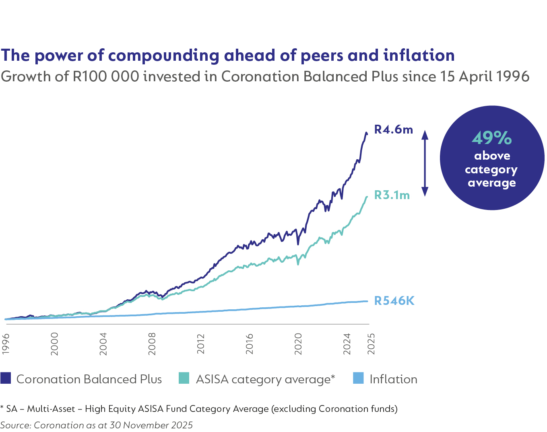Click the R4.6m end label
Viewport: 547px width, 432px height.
(x=393, y=129)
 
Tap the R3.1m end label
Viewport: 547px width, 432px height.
(x=392, y=195)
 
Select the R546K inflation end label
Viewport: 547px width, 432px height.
(x=394, y=301)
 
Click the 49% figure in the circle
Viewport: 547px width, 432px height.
(x=492, y=138)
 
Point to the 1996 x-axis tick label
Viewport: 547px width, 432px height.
(x=6, y=344)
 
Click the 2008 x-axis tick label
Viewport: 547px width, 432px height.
(x=152, y=344)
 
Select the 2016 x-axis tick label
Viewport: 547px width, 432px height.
(x=250, y=344)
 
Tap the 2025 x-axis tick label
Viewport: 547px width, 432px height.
(x=371, y=344)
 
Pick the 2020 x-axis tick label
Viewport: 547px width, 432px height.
(x=298, y=344)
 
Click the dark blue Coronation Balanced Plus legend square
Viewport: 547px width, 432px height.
(x=6, y=378)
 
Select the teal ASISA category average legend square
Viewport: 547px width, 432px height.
(x=184, y=378)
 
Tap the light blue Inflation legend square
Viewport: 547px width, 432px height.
(x=358, y=378)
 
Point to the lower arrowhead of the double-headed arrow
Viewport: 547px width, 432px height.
(x=425, y=192)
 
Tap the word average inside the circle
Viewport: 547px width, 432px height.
(x=491, y=183)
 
